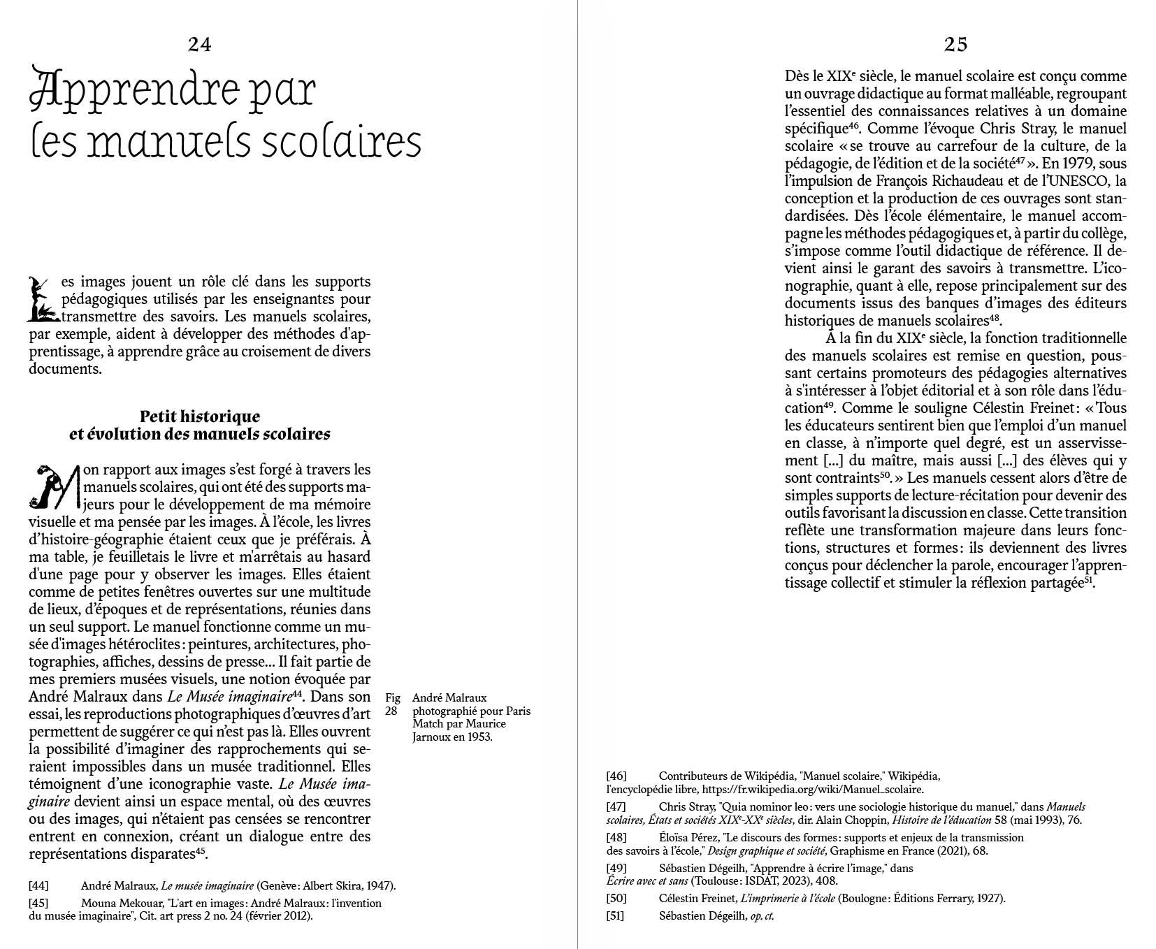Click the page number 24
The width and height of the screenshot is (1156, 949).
[x=199, y=45]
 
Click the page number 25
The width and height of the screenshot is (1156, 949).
[x=955, y=45]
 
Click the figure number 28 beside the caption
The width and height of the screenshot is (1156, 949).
[x=392, y=711]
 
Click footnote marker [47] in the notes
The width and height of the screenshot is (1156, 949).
[x=616, y=807]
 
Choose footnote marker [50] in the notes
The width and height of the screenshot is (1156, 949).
[x=616, y=899]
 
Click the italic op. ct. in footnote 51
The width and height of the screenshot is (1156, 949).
[x=761, y=916]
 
